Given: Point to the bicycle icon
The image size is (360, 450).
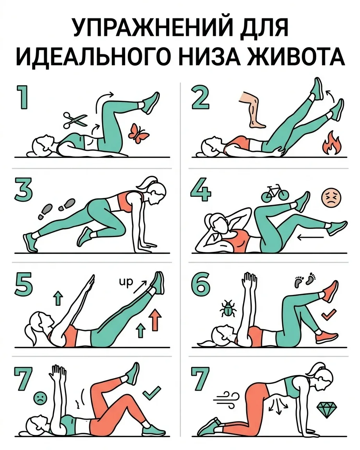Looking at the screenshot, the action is pyautogui.click(x=275, y=192).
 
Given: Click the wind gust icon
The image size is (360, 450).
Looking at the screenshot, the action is pyautogui.click(x=226, y=398).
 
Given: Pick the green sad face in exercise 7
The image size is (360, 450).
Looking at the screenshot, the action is pyautogui.click(x=40, y=398).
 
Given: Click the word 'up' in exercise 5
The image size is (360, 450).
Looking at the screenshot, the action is pyautogui.click(x=126, y=282).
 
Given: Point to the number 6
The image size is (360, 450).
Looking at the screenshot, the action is pyautogui.click(x=200, y=283).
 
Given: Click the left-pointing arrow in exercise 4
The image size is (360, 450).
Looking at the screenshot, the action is pyautogui.click(x=310, y=237).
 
